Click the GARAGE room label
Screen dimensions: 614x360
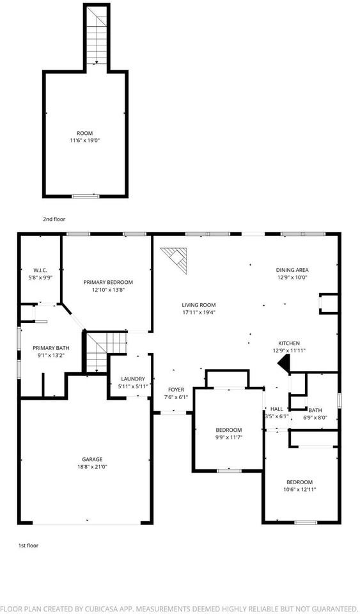click(x=92, y=459)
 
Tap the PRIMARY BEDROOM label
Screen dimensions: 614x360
click(x=108, y=282)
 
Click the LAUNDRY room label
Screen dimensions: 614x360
click(x=133, y=379)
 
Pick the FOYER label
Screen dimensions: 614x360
click(x=176, y=390)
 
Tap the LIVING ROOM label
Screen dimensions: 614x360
click(x=199, y=305)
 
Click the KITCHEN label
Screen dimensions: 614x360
click(x=288, y=343)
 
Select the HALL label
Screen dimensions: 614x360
click(x=277, y=409)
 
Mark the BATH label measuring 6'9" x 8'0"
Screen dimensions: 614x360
click(x=316, y=410)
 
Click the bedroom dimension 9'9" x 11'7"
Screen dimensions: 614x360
click(x=228, y=437)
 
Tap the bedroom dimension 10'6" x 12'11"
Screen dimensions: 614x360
click(x=299, y=489)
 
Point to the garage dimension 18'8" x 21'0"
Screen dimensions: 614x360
click(x=92, y=467)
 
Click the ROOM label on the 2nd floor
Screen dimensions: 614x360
click(x=85, y=133)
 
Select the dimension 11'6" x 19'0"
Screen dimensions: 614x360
click(x=85, y=141)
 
